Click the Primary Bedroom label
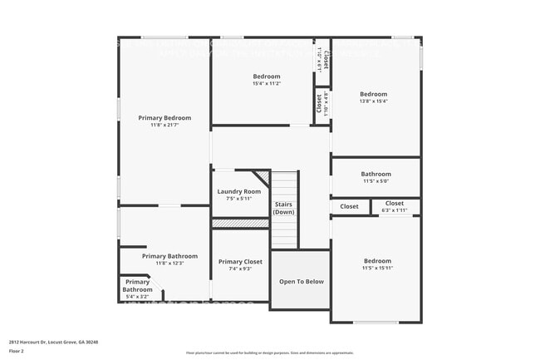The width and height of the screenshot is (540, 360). coord(164,118)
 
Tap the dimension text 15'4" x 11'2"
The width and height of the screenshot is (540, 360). coord(267,84)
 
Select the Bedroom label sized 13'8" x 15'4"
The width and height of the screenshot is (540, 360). coord(373,94)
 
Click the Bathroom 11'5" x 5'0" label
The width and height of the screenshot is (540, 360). coord(376,175)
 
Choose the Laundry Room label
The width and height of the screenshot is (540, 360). coord(239,191)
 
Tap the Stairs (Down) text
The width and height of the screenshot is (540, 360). coord(282,208)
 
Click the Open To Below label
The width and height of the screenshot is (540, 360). coord(301,281)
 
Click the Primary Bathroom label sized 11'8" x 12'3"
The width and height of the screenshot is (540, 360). coord(169,256)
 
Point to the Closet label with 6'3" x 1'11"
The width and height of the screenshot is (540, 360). coord(394,204)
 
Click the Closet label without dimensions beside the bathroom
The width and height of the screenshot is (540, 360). coord(349,206)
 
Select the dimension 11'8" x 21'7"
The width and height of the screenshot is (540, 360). coord(164,126)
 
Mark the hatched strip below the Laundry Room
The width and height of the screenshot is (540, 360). coord(239,223)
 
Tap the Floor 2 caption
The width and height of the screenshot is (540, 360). coord(17,351)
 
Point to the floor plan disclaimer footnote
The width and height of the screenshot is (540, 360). coord(269,353)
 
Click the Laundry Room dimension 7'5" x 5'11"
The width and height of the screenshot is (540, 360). coord(239,199)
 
